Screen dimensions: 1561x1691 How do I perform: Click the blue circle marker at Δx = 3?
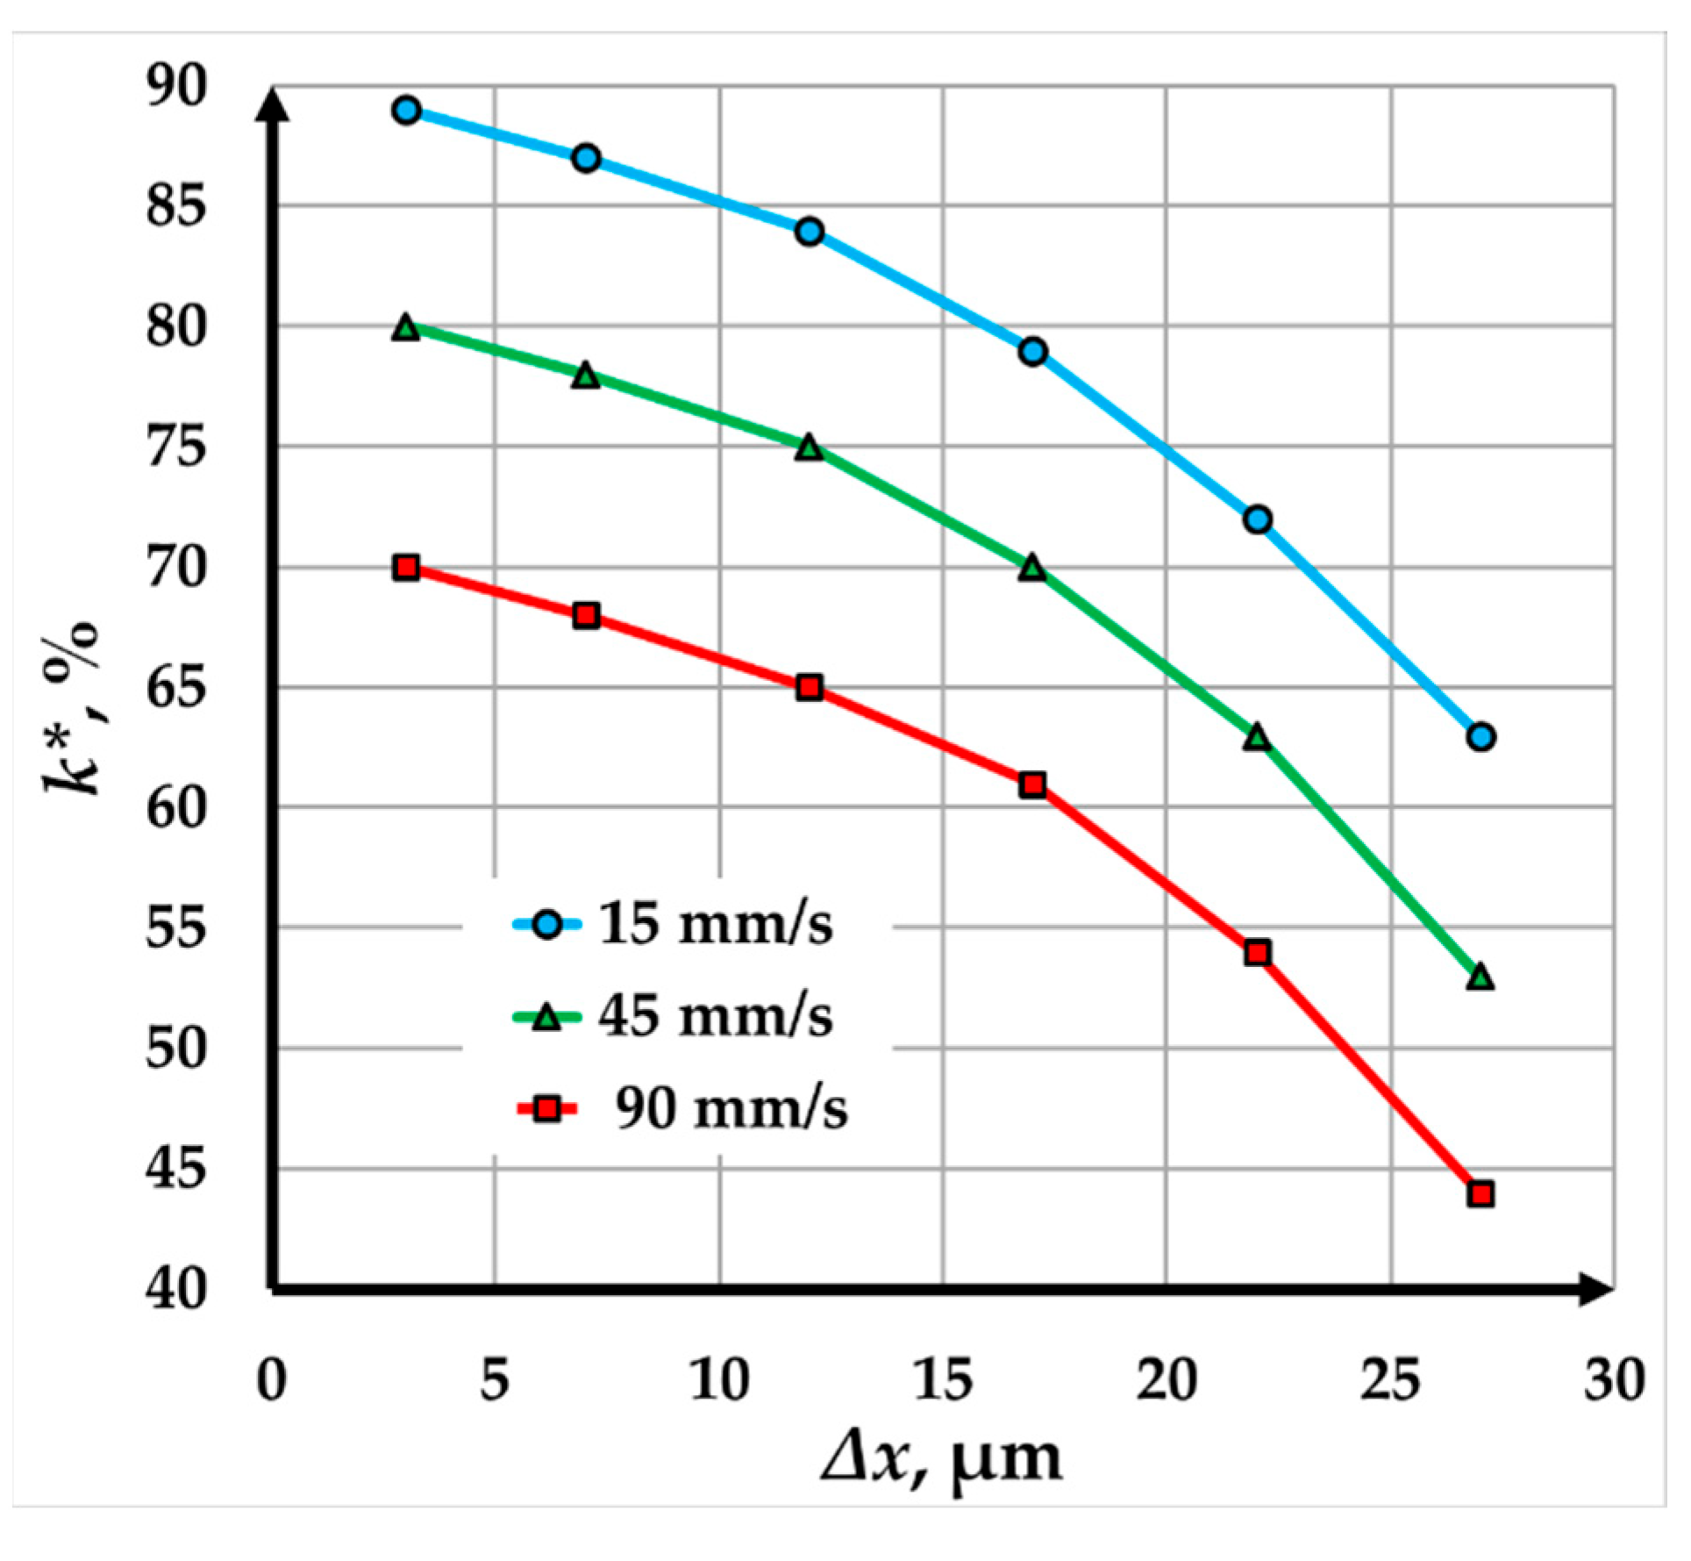click(x=406, y=111)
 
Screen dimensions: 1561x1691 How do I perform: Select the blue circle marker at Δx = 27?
click(x=1481, y=736)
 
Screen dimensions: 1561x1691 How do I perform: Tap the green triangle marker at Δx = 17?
click(x=1033, y=568)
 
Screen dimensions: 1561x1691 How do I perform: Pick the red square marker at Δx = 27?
click(x=1481, y=1193)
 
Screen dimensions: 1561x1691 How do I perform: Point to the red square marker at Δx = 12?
click(x=810, y=687)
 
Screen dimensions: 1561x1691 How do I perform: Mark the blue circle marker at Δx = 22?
click(x=1257, y=519)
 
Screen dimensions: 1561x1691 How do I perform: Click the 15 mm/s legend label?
click(x=715, y=923)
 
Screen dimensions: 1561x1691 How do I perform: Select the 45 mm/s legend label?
click(x=715, y=1016)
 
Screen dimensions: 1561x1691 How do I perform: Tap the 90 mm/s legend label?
click(x=731, y=1108)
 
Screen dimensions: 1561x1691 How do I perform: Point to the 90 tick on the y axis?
click(x=176, y=87)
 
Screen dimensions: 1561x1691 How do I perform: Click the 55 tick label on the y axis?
click(x=176, y=928)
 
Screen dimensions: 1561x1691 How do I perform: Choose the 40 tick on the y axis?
click(x=176, y=1290)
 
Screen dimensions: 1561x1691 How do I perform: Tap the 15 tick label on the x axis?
click(x=943, y=1380)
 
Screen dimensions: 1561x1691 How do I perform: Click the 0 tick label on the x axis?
click(x=272, y=1380)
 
